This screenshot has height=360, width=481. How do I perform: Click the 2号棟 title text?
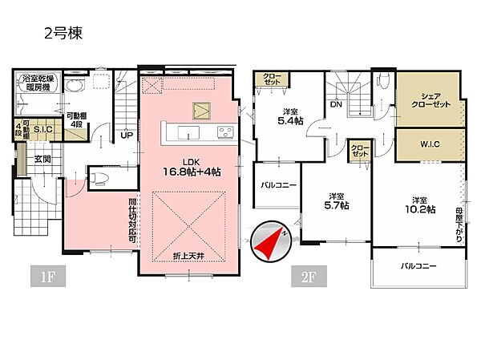tap(63, 34)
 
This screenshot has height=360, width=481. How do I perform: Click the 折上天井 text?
tap(188, 255)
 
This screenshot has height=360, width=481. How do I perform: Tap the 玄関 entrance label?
tap(42, 159)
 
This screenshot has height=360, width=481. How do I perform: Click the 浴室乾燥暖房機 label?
tap(37, 83)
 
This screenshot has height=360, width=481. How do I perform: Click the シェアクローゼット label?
tap(429, 99)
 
